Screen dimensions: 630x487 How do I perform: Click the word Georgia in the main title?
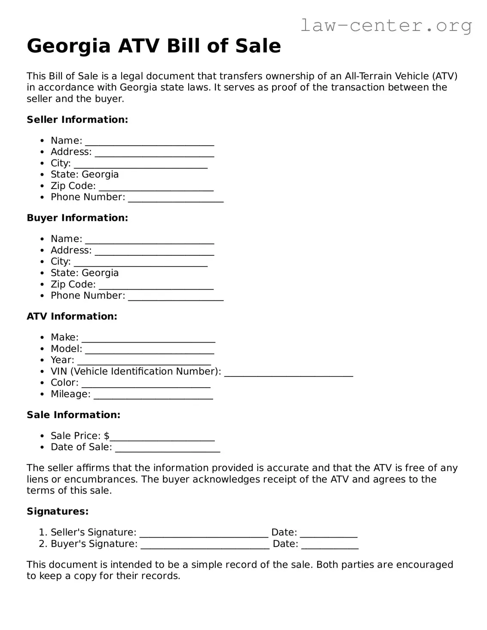[68, 46]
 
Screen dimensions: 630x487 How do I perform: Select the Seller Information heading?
[77, 119]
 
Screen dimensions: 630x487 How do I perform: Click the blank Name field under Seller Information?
[149, 142]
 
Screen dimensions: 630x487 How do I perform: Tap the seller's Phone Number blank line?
[176, 198]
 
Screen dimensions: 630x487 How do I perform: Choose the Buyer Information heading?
[77, 218]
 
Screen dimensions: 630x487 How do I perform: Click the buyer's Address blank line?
[154, 251]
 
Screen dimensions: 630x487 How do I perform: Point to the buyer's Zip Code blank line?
[156, 285]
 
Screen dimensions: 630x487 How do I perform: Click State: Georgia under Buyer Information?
[84, 273]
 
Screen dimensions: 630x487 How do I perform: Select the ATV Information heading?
[72, 316]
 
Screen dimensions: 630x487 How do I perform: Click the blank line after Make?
[148, 339]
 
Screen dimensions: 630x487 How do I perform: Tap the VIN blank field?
[288, 373]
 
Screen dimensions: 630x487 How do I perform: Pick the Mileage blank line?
[153, 395]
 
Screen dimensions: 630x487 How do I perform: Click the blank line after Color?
[146, 384]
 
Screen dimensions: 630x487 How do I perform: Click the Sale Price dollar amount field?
[162, 437]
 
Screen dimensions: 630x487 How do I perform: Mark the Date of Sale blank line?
[168, 448]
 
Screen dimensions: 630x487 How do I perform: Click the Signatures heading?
[58, 511]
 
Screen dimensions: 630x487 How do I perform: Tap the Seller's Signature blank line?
[204, 534]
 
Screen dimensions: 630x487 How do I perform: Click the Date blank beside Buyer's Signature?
[330, 545]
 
